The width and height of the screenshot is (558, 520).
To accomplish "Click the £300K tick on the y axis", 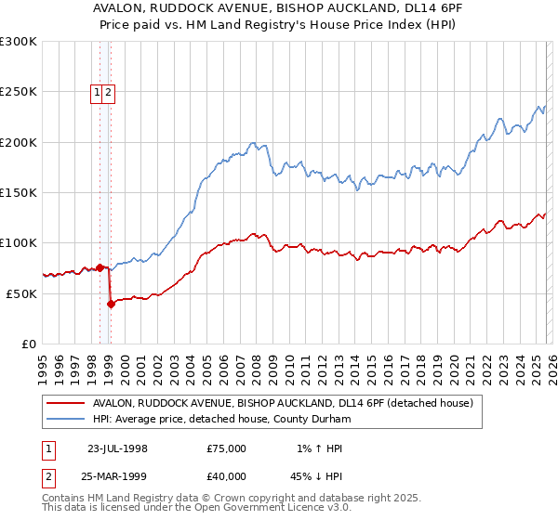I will pos(19,42).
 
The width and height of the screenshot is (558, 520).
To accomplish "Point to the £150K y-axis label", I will pos(19,192).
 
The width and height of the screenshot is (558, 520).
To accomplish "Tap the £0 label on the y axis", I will pos(30,344).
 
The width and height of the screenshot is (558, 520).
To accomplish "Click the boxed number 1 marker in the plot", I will pos(98,92).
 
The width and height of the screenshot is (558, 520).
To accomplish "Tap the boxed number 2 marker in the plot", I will pos(109,92).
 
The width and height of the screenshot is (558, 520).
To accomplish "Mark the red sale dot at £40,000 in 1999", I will pos(111,303).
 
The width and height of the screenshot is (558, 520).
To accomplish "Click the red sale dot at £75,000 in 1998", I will pos(100,267).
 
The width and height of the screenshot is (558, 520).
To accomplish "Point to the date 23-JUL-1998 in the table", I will pos(117,448).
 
